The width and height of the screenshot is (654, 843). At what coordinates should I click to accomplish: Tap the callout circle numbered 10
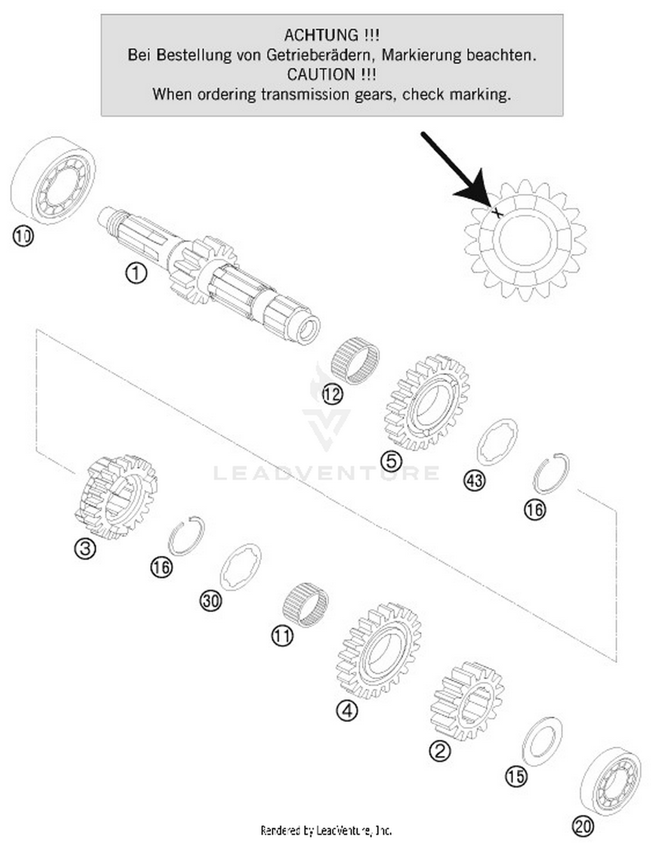(23, 237)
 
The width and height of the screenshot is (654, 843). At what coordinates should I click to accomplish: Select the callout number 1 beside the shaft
(136, 274)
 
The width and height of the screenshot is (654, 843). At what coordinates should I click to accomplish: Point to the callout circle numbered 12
(332, 395)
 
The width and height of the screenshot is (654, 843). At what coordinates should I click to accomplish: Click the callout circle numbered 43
(474, 481)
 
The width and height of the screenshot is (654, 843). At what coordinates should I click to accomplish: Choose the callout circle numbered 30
(211, 601)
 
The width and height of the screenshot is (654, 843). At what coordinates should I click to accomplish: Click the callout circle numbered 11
(282, 636)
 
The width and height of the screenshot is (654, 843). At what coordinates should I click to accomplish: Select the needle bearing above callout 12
(354, 360)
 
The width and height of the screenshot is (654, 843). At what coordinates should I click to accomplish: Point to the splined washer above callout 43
(497, 442)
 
